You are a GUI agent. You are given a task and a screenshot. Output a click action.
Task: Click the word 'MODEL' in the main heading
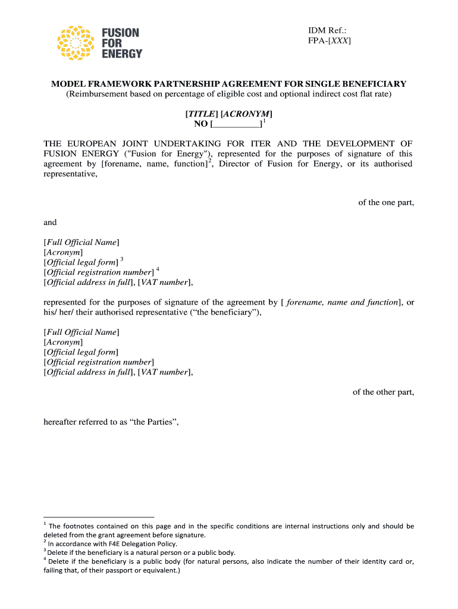pyautogui.click(x=67, y=84)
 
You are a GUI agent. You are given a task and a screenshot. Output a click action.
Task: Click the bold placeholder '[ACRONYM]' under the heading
pyautogui.click(x=246, y=114)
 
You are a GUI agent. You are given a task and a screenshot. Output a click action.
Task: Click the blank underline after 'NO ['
pyautogui.click(x=237, y=124)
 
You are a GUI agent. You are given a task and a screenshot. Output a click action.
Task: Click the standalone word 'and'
pyautogui.click(x=50, y=222)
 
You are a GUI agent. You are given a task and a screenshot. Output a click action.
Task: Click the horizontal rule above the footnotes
pyautogui.click(x=99, y=517)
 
